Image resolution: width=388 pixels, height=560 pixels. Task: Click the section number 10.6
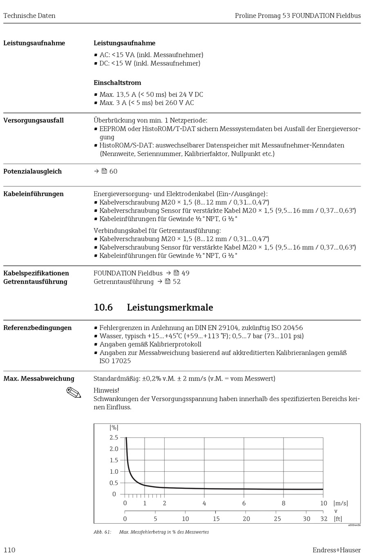point(103,307)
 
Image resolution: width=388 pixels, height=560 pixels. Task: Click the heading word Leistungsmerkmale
point(170,307)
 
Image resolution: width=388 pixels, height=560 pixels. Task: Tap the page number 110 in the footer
point(9,550)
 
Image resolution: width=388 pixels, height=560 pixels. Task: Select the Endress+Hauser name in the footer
point(337,550)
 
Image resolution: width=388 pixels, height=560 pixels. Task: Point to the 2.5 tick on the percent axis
point(114,437)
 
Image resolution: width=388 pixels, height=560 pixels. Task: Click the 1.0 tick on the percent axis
point(114,471)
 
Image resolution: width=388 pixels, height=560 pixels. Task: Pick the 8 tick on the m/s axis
point(283,503)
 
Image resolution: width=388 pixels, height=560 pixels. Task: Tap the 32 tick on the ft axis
point(324,519)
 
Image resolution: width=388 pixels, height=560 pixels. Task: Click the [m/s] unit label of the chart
point(341,503)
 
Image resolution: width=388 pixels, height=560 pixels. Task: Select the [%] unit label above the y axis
point(114,428)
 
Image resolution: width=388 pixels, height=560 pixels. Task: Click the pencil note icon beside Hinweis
point(74,393)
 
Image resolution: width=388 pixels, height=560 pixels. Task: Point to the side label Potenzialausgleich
point(32,171)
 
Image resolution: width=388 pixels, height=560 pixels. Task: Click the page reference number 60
point(113,171)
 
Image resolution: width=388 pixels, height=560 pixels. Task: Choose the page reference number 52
point(176,282)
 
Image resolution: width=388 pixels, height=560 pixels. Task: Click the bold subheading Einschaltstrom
point(117,83)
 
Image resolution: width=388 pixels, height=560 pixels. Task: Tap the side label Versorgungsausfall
point(33,120)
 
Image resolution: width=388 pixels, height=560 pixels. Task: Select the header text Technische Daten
point(29,16)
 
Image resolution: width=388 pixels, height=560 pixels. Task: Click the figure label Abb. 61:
point(102,532)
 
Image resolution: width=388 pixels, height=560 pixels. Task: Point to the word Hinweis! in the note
point(106,390)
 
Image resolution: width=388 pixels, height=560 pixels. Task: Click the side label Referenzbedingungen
point(37,327)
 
